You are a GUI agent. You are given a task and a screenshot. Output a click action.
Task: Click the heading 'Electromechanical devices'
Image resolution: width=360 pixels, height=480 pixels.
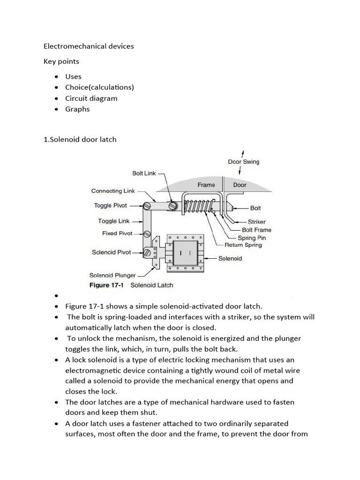(89, 46)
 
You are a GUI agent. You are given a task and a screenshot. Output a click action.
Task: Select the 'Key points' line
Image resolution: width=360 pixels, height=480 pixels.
(61, 61)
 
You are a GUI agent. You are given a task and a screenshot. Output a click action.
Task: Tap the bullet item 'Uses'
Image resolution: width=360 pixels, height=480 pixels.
(73, 76)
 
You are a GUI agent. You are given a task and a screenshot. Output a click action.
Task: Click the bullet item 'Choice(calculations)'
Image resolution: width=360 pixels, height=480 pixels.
(99, 87)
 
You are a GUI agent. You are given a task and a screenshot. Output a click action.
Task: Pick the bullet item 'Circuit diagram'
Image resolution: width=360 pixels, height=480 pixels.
(91, 98)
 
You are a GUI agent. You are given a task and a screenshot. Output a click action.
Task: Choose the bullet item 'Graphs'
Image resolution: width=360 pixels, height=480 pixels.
(77, 109)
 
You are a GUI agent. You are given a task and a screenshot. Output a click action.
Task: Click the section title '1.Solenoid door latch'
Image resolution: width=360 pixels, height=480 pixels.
(80, 139)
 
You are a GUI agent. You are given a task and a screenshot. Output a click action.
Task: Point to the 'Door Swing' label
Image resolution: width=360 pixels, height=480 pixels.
(243, 162)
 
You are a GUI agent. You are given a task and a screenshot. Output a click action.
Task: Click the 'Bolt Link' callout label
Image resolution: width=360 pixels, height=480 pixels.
(144, 173)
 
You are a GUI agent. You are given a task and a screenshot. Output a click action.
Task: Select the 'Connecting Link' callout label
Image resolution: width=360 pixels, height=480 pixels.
(113, 191)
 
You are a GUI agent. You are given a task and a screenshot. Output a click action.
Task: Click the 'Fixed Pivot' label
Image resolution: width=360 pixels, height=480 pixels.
(117, 233)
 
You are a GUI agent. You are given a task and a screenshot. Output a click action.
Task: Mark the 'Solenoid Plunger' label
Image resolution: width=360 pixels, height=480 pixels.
(112, 275)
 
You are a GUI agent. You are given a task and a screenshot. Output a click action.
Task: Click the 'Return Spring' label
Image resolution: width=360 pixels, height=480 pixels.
(243, 245)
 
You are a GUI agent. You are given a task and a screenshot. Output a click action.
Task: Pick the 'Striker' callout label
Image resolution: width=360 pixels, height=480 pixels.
(256, 222)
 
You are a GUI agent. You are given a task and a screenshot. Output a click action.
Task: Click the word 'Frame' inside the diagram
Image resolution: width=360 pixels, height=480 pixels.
(206, 185)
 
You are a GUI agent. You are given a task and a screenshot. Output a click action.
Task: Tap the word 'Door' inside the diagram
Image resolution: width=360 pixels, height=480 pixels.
(240, 185)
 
